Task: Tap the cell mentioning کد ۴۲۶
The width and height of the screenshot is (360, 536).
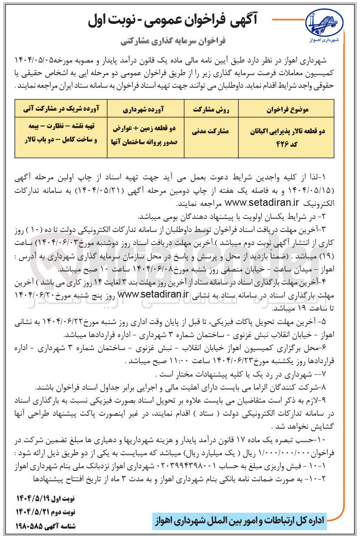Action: click(x=286, y=135)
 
